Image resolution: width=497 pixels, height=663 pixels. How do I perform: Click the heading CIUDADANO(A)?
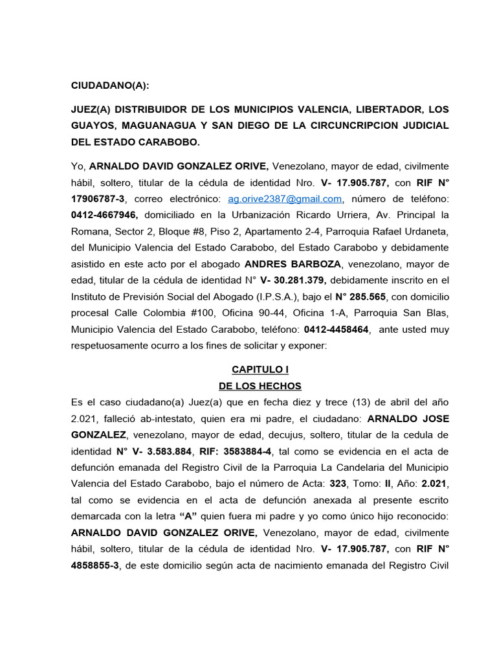click(x=109, y=85)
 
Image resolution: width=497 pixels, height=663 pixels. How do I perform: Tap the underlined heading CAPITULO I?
click(x=251, y=370)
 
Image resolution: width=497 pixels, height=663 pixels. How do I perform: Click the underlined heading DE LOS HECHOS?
click(x=251, y=386)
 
